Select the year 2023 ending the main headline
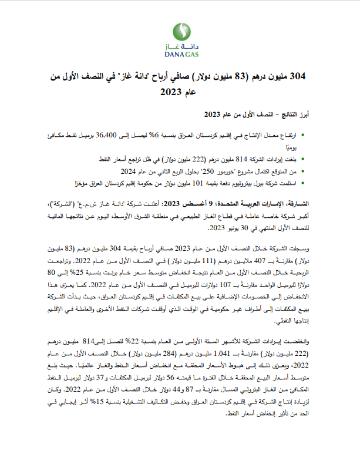click(x=171, y=92)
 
